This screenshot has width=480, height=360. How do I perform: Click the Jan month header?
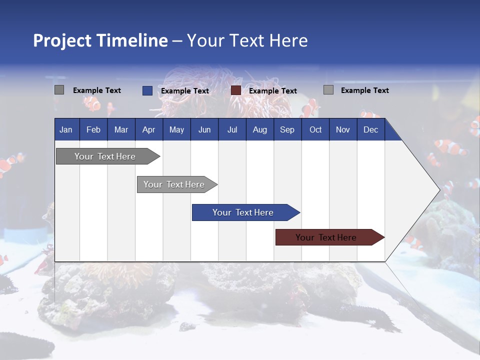pos(66,129)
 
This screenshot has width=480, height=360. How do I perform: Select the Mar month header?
pos(121,129)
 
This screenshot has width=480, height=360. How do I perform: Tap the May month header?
pos(176,129)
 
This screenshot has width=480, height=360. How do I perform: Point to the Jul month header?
pos(232,129)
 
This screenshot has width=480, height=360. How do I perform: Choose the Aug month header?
pos(259,129)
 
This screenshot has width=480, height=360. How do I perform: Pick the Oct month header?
pos(315,129)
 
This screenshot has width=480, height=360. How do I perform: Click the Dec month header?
pos(370,129)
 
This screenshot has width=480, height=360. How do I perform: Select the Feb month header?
pos(93,129)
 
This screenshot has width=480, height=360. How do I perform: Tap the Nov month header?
pos(343,129)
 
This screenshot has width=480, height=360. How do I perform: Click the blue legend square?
pos(147,90)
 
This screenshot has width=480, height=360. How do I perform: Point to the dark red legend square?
pos(236,90)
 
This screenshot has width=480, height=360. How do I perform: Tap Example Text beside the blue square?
pos(185,91)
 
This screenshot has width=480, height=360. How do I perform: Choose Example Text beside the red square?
pos(273,91)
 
